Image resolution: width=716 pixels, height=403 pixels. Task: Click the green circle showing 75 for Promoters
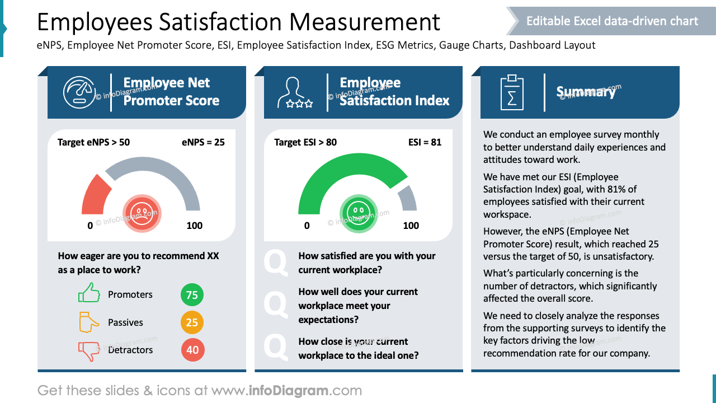[192, 295]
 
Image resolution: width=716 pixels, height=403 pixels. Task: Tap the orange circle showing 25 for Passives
[192, 322]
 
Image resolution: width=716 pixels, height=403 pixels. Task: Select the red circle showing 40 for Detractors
[192, 350]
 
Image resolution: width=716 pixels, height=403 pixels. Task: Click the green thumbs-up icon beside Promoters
[89, 293]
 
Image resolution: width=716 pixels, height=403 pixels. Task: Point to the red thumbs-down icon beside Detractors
[89, 351]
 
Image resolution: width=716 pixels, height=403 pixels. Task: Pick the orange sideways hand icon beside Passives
[88, 322]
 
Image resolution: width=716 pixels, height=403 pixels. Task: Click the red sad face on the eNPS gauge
[142, 212]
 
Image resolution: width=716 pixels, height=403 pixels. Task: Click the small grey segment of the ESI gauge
[408, 199]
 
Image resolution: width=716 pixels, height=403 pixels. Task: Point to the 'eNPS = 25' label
[203, 142]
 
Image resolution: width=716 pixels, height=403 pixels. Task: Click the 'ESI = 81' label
[425, 142]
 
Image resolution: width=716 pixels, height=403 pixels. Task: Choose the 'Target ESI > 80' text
[305, 142]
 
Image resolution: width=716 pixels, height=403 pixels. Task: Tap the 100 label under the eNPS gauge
[194, 226]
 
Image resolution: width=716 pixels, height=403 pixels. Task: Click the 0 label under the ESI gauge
[307, 226]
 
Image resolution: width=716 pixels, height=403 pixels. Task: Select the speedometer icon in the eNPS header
[79, 92]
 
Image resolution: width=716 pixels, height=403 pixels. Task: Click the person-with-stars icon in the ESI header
[295, 92]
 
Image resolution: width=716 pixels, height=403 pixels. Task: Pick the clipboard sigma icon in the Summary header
[511, 92]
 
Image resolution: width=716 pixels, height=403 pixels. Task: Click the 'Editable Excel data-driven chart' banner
[612, 21]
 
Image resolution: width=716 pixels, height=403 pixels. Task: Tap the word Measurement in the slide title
[365, 22]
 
